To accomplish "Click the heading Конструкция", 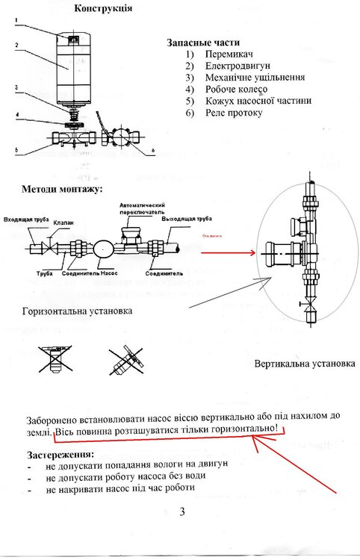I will click(104, 8).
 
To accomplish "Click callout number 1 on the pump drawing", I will click(15, 26).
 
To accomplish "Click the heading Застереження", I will click(60, 454).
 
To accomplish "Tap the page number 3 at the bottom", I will click(181, 511).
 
